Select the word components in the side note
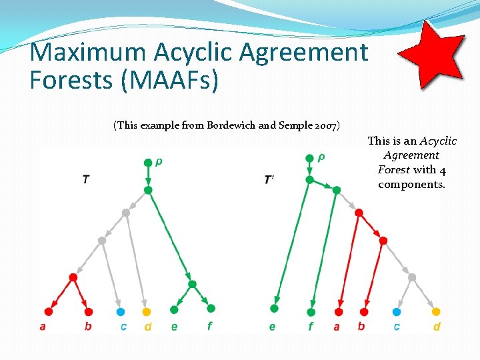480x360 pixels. (411, 185)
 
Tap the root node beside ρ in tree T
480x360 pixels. (147, 162)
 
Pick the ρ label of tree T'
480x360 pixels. (321, 157)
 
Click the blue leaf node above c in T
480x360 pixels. (121, 311)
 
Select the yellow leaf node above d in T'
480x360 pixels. (436, 311)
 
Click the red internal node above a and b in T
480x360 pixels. (73, 277)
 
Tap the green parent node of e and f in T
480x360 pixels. (192, 285)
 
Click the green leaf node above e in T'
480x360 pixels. (274, 308)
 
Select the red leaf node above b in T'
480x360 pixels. (363, 311)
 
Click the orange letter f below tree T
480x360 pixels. (210, 327)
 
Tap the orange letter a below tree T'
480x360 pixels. (337, 327)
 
